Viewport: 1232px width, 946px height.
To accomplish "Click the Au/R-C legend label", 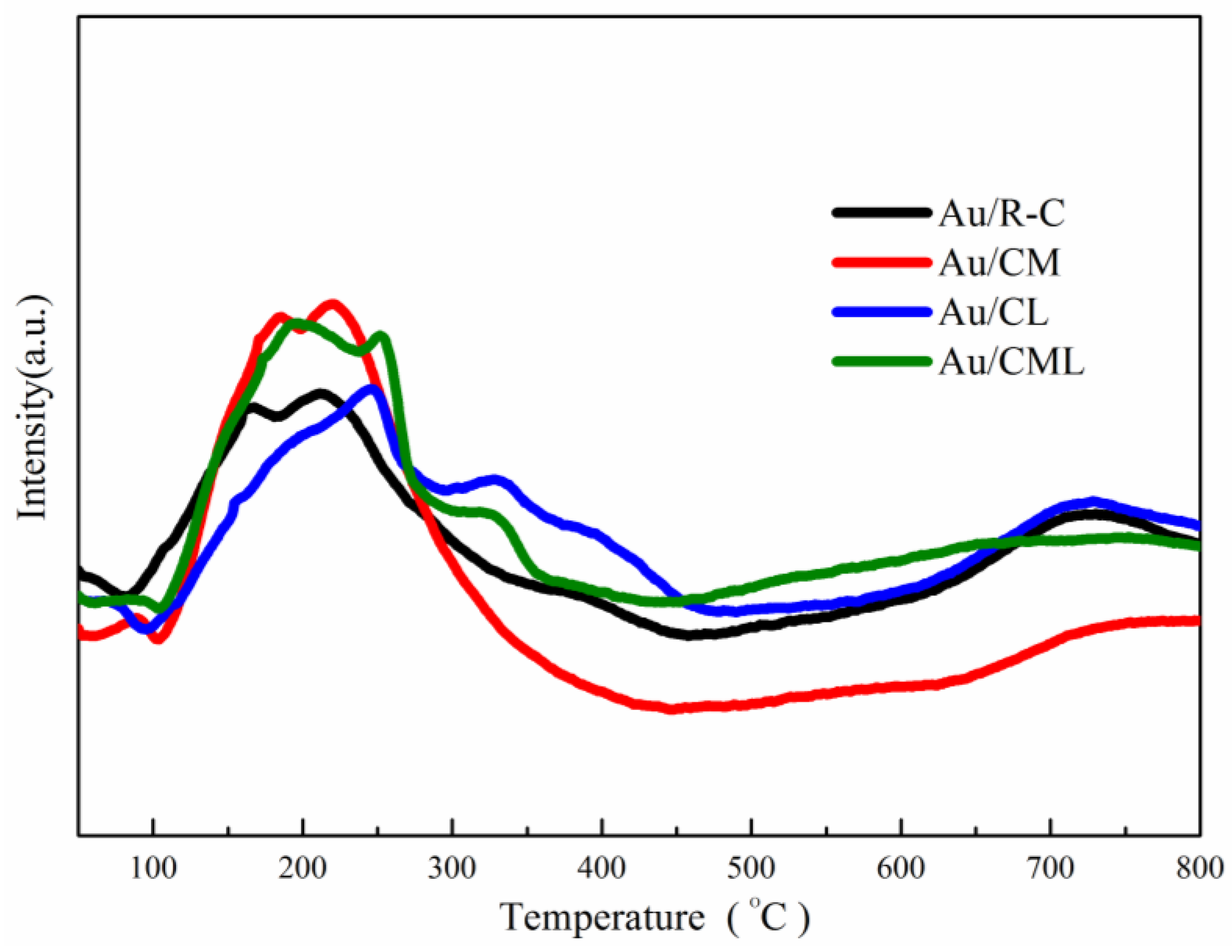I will click(x=1001, y=214).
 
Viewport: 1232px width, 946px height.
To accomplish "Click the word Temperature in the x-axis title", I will click(x=601, y=917).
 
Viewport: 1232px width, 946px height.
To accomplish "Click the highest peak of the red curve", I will click(x=333, y=305).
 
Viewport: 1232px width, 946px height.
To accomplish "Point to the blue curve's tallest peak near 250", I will click(x=371, y=389).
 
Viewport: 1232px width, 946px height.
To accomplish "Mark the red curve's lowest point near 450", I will click(x=671, y=709).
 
